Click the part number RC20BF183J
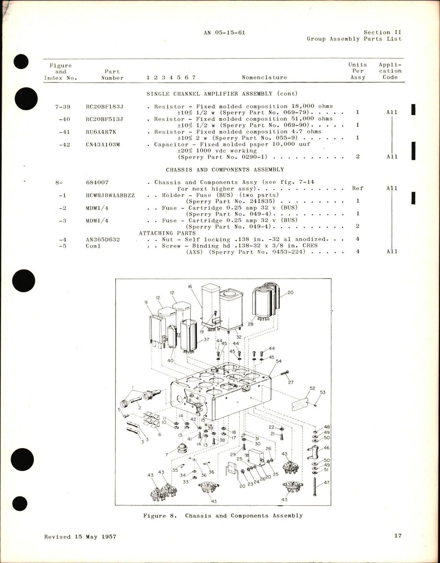click(105, 107)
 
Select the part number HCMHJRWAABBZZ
click(110, 195)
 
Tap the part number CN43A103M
click(103, 144)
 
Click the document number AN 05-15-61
click(224, 33)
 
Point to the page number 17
click(397, 536)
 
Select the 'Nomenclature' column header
click(264, 78)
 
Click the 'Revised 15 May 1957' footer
click(80, 537)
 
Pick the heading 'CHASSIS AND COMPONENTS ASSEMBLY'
click(225, 169)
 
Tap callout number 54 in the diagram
click(278, 361)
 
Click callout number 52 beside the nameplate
click(312, 388)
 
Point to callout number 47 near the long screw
click(326, 482)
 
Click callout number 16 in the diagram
click(190, 286)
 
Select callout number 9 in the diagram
click(146, 303)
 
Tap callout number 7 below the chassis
click(167, 455)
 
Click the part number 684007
click(97, 183)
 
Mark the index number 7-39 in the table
click(62, 107)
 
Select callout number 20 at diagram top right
click(290, 293)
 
